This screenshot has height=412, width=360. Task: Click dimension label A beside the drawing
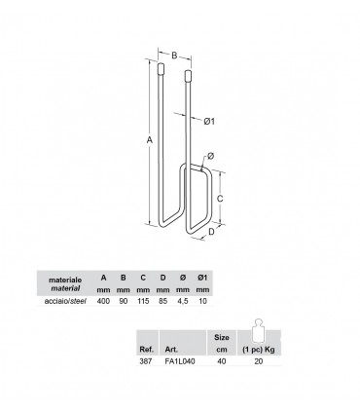[150, 140]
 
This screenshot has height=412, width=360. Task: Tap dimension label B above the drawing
[174, 56]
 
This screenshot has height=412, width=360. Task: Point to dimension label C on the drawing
[220, 199]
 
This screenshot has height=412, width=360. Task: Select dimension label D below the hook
[211, 232]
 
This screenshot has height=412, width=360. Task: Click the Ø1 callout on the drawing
[209, 122]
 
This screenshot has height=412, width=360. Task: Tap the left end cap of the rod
[161, 69]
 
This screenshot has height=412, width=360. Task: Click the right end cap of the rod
[188, 75]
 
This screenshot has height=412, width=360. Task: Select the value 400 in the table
[103, 301]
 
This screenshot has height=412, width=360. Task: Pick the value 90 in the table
[124, 301]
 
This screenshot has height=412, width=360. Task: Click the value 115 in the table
[143, 301]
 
